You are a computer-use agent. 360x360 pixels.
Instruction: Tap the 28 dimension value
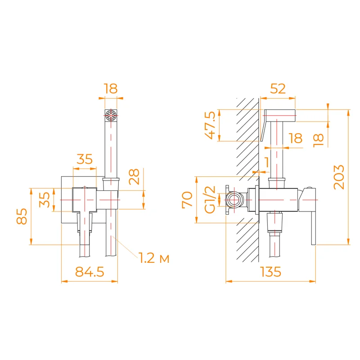tap(135, 177)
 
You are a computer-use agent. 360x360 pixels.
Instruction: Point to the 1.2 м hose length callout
tap(153, 259)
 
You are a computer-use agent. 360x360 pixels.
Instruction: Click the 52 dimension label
tap(278, 89)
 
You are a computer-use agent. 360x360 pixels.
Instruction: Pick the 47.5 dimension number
tap(210, 126)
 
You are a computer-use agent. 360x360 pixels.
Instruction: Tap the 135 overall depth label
tap(270, 271)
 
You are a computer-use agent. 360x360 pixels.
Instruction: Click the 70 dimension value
tap(188, 199)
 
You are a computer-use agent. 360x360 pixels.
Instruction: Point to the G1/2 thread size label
tap(210, 199)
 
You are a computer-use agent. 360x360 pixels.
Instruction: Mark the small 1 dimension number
tap(267, 161)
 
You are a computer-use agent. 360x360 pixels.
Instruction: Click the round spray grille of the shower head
tap(110, 116)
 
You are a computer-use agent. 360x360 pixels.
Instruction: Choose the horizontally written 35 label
tap(84, 159)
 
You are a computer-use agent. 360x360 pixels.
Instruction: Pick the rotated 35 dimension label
tap(45, 199)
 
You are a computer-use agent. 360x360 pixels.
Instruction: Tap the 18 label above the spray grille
tap(110, 89)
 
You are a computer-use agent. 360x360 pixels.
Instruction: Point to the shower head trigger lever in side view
tap(263, 130)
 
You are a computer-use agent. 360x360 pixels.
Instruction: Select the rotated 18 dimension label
tap(319, 139)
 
